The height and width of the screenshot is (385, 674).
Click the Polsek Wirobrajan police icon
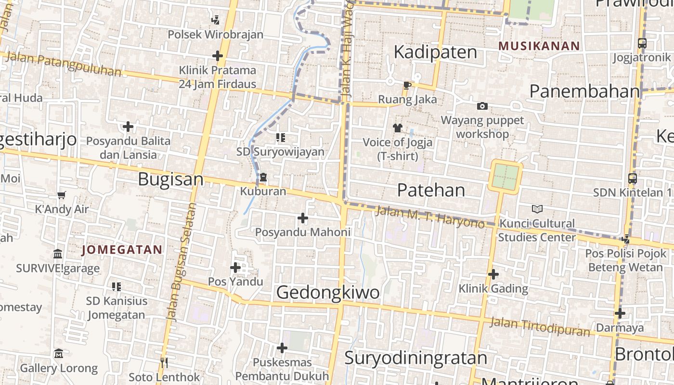pos(216,20)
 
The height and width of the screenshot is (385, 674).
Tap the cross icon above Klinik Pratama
pos(218,56)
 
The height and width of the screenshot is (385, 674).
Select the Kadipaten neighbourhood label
pos(435,52)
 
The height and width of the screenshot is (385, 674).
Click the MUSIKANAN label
pos(539,46)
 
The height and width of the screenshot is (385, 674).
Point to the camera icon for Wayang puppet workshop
pos(482,106)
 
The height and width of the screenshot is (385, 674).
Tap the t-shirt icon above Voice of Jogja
pos(397,128)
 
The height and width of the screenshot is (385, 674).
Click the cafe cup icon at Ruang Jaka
pos(407,86)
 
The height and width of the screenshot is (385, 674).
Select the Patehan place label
pos(431,190)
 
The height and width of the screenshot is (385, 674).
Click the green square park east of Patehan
pos(505,177)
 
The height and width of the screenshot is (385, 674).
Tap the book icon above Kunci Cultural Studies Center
pos(537,209)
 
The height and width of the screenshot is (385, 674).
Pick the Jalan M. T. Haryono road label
pos(429,217)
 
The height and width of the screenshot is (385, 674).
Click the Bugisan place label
pos(171,180)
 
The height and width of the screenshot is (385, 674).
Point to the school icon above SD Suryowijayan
pos(280,138)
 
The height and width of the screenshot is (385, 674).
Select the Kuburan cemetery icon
pos(263,178)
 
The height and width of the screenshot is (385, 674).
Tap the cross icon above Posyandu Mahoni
pos(302,218)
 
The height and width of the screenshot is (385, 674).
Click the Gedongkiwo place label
pos(328,292)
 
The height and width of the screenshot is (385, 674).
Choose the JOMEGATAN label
pos(122,250)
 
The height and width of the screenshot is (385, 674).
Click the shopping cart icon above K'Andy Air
pos(62,195)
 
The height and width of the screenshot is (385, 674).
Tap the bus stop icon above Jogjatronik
pos(642,43)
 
